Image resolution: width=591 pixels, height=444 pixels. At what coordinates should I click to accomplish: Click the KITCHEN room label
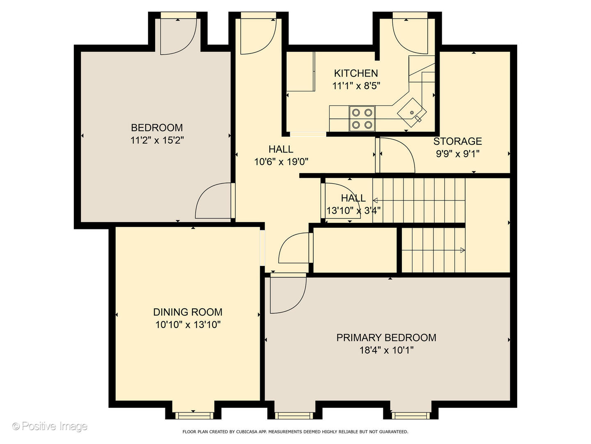tap(356, 73)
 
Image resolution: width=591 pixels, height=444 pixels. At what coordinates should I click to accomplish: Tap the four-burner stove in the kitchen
tap(362, 118)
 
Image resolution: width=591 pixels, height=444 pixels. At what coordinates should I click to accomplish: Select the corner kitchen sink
tap(412, 112)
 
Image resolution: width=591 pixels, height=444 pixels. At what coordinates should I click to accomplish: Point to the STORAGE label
tap(458, 141)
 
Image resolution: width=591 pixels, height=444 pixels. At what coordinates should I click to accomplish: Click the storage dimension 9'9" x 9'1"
tap(458, 154)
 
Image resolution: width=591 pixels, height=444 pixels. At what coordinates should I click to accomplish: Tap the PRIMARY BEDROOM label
tap(386, 338)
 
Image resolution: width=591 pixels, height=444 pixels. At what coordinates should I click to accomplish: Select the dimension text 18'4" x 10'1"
tap(386, 350)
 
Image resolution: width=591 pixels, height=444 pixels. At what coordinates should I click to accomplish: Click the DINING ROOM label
tap(188, 312)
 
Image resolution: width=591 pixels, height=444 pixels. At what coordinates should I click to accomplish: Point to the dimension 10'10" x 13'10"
tap(188, 325)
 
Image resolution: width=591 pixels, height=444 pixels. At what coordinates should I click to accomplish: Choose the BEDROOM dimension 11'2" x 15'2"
tap(157, 140)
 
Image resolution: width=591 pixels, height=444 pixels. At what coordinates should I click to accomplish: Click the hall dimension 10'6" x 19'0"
tap(281, 162)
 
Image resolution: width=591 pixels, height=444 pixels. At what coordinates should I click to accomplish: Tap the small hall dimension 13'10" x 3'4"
tap(353, 210)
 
